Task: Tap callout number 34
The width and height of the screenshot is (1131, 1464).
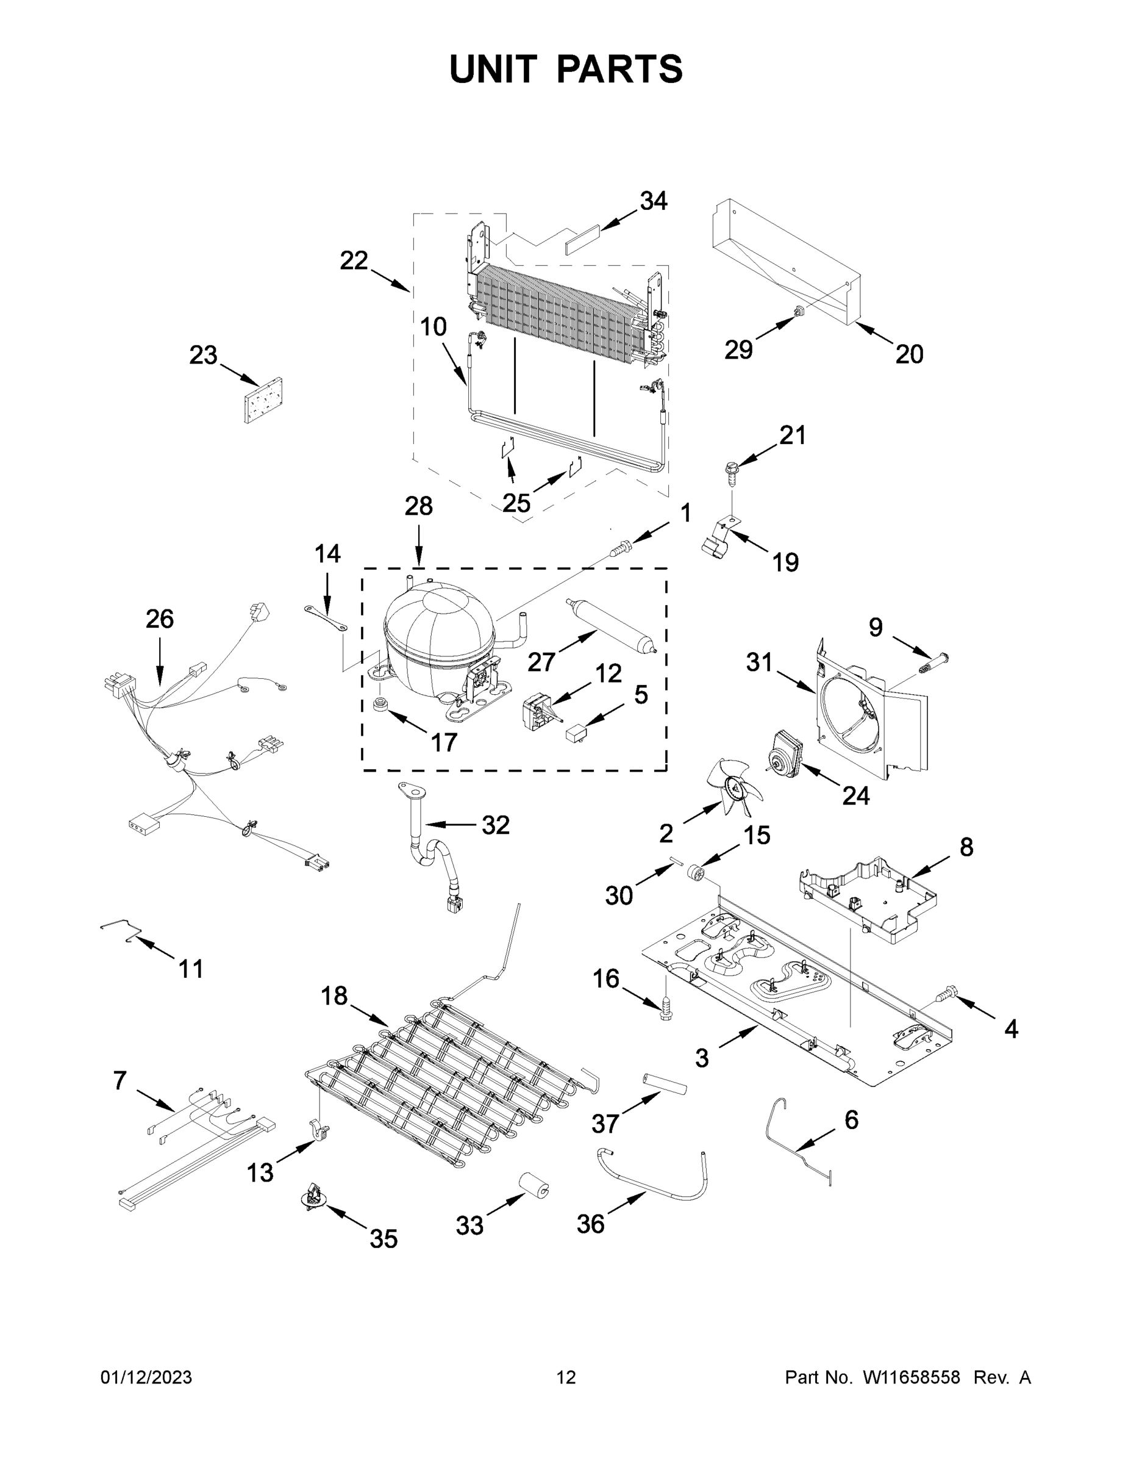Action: (x=653, y=201)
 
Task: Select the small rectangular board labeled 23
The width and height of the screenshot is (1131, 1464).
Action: (x=263, y=401)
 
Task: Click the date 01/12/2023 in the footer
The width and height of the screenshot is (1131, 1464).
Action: (x=146, y=1377)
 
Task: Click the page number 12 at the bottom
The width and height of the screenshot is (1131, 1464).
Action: (x=566, y=1377)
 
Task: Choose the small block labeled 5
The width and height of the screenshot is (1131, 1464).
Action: (x=577, y=731)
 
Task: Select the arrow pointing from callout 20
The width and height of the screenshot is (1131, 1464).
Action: (x=875, y=334)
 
